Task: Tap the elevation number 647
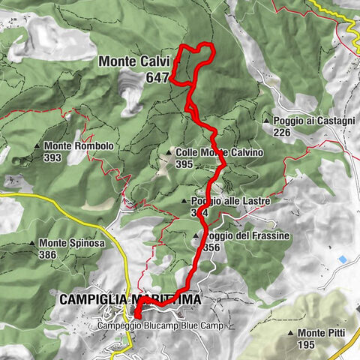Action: (x=158, y=78)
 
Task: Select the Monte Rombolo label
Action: (x=79, y=146)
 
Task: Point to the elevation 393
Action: (x=53, y=158)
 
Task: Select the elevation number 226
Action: (x=282, y=133)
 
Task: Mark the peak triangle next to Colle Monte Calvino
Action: (x=169, y=152)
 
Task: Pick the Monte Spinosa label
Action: (x=72, y=243)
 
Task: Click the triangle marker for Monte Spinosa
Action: (x=32, y=243)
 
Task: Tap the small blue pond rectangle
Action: (x=343, y=259)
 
